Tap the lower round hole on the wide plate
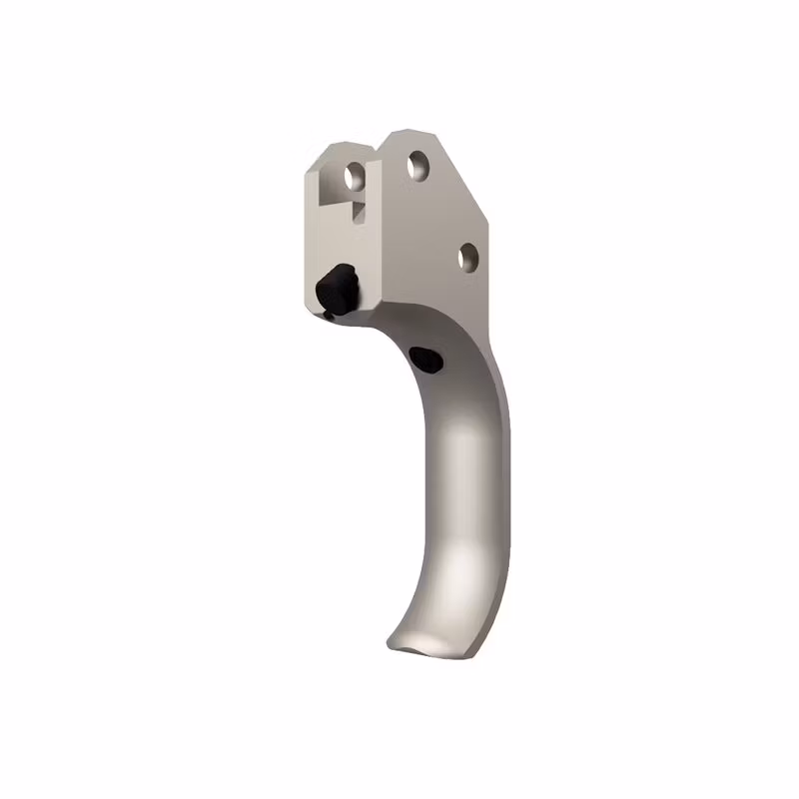[467, 257]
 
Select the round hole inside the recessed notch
[354, 178]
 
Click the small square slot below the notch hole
[358, 211]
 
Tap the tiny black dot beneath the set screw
[328, 316]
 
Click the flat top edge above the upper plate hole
[409, 133]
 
